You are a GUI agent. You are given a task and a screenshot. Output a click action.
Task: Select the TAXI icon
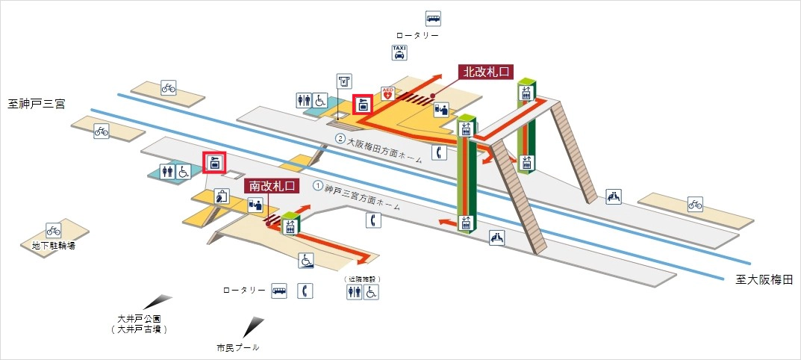click(x=400, y=52)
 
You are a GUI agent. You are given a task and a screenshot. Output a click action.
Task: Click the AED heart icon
click(x=387, y=93)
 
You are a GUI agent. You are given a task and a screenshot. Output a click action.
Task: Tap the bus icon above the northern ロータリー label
click(x=433, y=18)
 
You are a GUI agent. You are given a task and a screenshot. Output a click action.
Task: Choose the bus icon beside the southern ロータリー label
click(x=279, y=290)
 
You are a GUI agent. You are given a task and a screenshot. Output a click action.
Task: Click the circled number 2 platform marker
click(x=340, y=139)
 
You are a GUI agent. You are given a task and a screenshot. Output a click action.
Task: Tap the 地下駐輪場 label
click(x=53, y=245)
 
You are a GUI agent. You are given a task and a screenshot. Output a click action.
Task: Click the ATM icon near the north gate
click(x=343, y=81)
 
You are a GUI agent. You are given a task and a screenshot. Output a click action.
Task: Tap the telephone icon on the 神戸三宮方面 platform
click(x=373, y=220)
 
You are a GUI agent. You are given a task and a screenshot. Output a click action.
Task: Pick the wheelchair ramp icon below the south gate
click(x=306, y=260)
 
